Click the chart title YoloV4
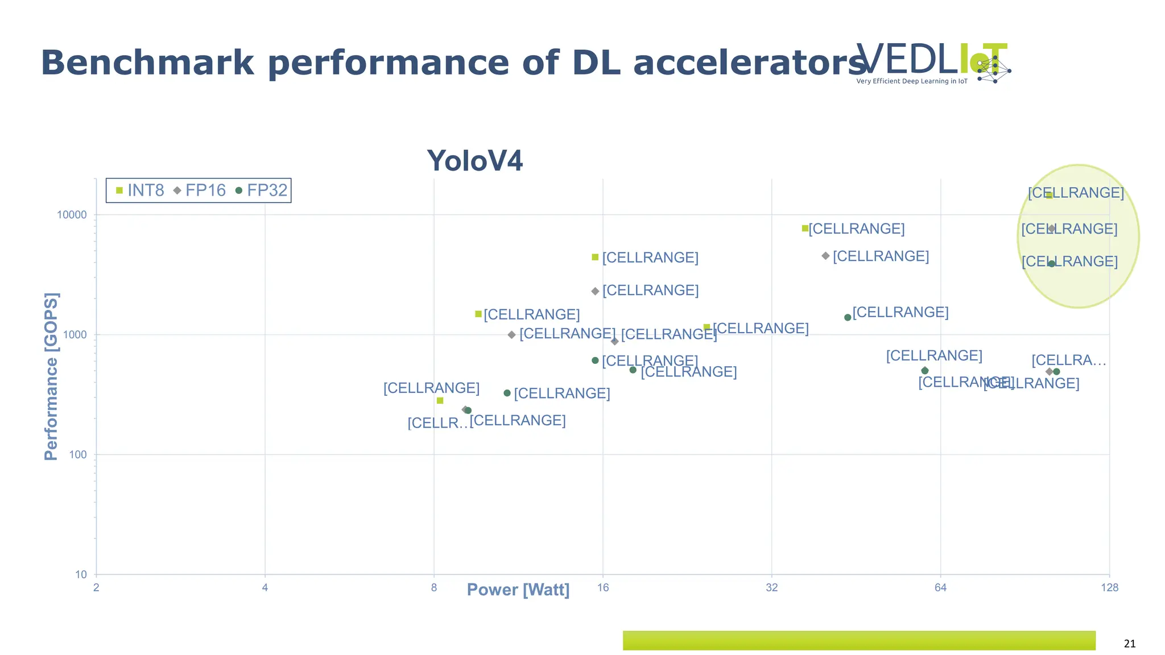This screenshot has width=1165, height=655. (474, 161)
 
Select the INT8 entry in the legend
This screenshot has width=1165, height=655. (139, 190)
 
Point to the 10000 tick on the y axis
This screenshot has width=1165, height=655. (72, 215)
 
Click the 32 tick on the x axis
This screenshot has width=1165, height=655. (771, 587)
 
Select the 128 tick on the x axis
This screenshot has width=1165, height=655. (1109, 587)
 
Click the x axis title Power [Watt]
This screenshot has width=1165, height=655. (518, 590)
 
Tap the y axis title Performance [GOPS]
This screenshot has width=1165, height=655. (51, 376)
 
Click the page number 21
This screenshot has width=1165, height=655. (1130, 644)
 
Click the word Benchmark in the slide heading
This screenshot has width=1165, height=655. (147, 63)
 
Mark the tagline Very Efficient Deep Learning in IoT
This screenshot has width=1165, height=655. (911, 81)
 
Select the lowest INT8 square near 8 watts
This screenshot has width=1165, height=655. (440, 401)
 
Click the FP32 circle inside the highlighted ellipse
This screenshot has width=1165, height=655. (1051, 264)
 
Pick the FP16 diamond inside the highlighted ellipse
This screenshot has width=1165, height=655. (1051, 229)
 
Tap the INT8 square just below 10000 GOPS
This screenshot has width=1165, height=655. (805, 229)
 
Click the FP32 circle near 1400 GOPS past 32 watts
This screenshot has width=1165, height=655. (848, 317)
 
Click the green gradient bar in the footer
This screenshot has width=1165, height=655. (859, 640)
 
